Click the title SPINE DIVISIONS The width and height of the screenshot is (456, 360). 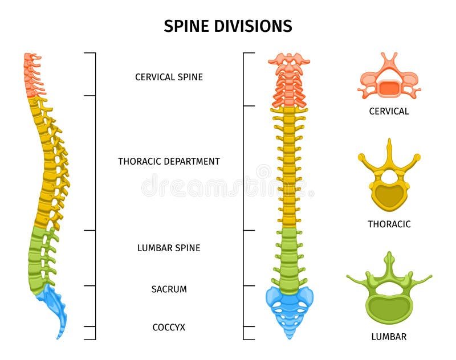228,26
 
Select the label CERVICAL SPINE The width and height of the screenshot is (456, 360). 169,77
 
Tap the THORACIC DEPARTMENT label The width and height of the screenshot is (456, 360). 169,161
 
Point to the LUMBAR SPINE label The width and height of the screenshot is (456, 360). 169,248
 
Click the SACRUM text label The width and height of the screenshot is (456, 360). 169,289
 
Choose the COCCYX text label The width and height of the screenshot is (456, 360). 169,328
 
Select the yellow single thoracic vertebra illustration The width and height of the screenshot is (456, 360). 389,182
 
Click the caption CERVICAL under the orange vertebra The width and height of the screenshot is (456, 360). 389,112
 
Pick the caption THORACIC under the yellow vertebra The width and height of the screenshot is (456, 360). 389,224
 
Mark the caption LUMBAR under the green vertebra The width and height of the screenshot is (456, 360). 389,337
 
